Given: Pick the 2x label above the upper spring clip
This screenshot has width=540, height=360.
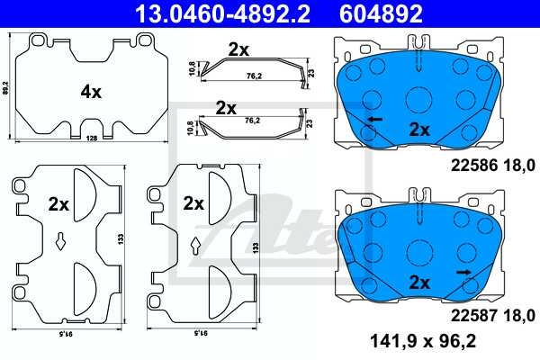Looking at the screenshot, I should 238,50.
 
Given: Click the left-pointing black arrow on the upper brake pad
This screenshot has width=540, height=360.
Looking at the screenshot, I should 373,118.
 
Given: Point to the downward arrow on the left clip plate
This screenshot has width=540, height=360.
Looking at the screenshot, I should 58,241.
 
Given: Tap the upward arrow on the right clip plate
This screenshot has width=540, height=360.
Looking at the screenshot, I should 195,243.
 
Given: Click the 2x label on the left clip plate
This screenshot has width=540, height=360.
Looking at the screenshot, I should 58,204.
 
